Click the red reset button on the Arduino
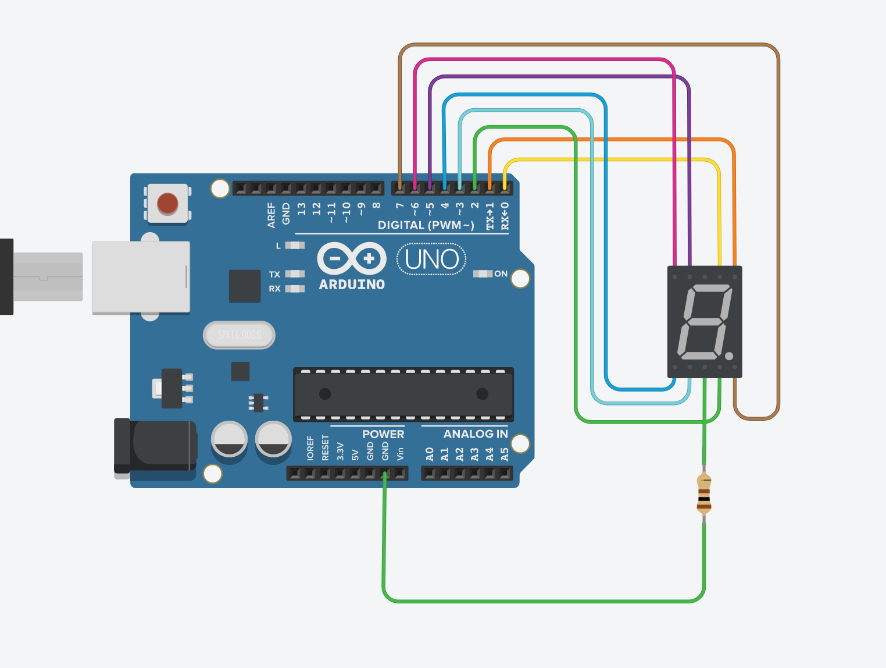click(167, 204)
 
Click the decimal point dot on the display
click(729, 356)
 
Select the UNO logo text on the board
click(431, 260)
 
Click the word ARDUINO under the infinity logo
click(352, 285)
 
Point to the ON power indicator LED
click(483, 273)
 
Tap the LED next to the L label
click(295, 246)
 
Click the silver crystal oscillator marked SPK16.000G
click(239, 335)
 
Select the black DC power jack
click(156, 445)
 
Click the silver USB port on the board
click(141, 277)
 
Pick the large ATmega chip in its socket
click(403, 394)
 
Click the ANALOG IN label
click(475, 434)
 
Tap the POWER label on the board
click(383, 434)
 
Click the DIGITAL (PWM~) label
click(426, 225)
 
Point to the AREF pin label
click(271, 215)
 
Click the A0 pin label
click(430, 454)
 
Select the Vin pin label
click(400, 454)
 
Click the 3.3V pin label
click(341, 452)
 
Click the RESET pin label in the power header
click(325, 448)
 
